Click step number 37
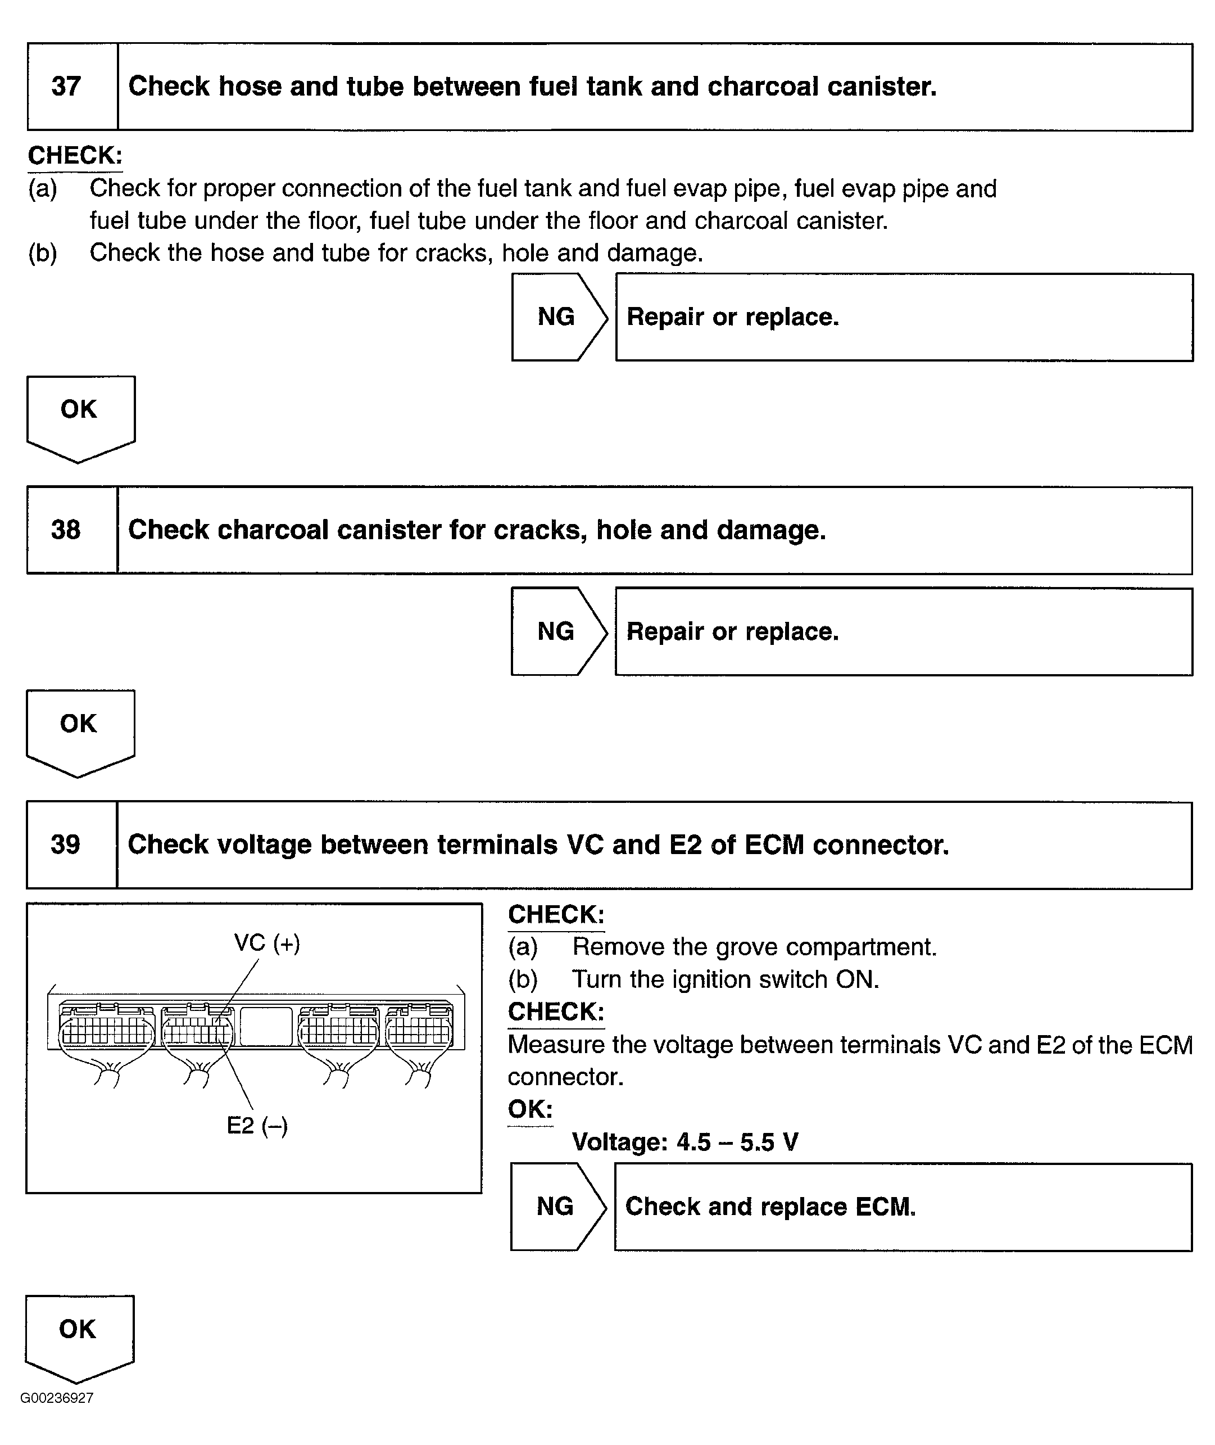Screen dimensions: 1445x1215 tap(66, 87)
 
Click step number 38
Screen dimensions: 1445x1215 tap(66, 530)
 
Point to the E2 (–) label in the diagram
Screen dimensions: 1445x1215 tap(257, 1125)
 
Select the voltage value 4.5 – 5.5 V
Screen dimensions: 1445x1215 tap(737, 1142)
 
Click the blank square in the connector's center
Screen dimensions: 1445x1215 tap(266, 1026)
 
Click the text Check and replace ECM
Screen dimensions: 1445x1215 tap(770, 1206)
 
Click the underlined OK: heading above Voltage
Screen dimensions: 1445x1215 tap(531, 1109)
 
